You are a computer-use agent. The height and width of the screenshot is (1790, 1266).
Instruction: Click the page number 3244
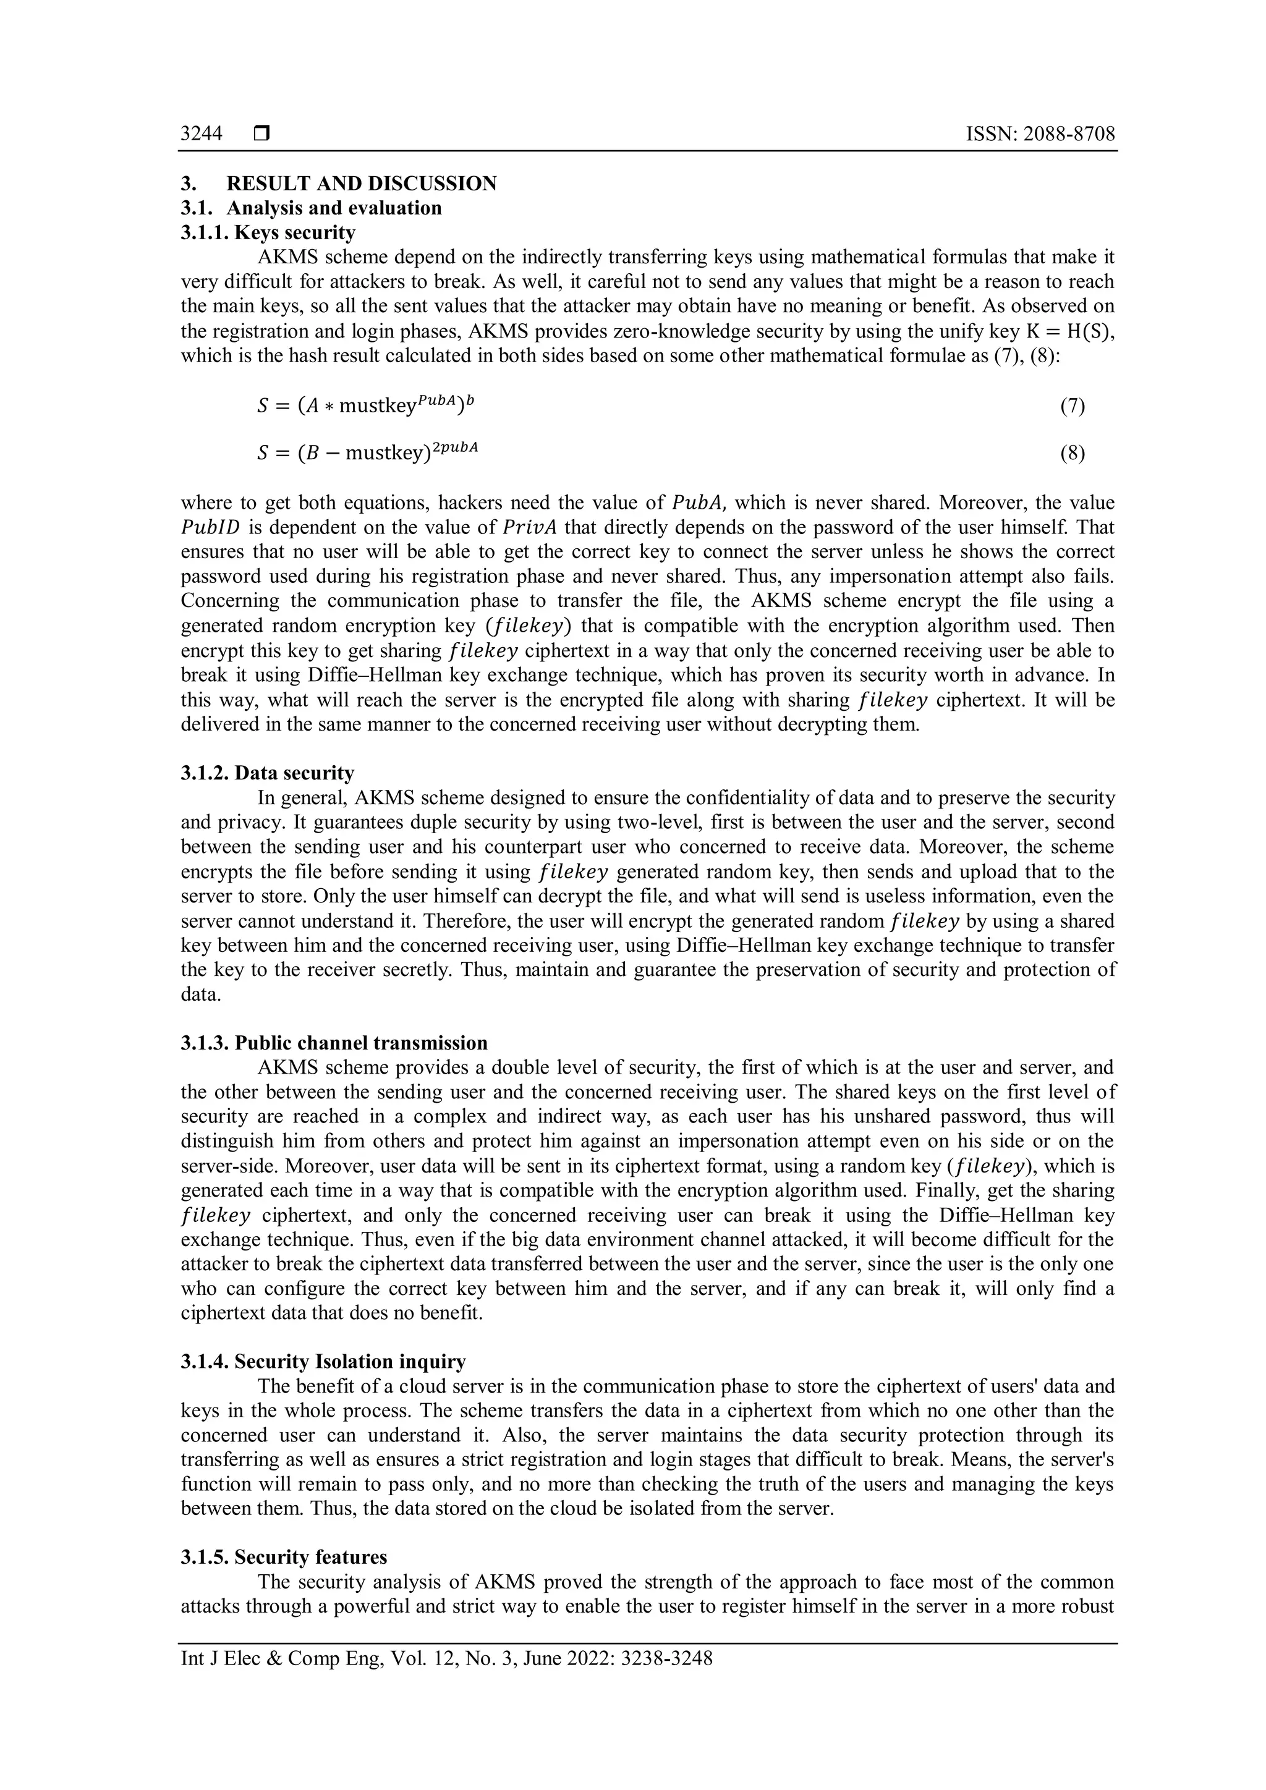pos(201,134)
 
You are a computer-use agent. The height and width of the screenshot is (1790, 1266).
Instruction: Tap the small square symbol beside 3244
pos(261,134)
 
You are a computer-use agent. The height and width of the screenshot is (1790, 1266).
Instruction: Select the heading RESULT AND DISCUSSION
pos(361,184)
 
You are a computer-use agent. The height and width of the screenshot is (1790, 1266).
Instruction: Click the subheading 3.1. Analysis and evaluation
pos(311,208)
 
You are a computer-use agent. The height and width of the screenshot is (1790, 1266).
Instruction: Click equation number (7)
pos(1072,405)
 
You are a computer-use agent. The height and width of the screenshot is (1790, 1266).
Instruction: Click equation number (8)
pos(1072,453)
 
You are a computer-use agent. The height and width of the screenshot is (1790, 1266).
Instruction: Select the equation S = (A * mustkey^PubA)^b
pos(364,405)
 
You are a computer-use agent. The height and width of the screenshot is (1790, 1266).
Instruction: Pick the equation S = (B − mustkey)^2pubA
pos(367,452)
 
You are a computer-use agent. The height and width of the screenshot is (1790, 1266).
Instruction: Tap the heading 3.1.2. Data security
pos(268,773)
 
